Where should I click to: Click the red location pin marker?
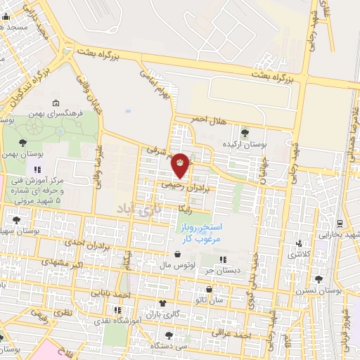181,165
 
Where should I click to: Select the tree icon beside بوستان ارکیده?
245,131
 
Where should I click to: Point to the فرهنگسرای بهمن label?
59,112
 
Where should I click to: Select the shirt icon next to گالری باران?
163,303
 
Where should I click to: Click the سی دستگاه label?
172,346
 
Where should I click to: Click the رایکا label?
186,209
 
